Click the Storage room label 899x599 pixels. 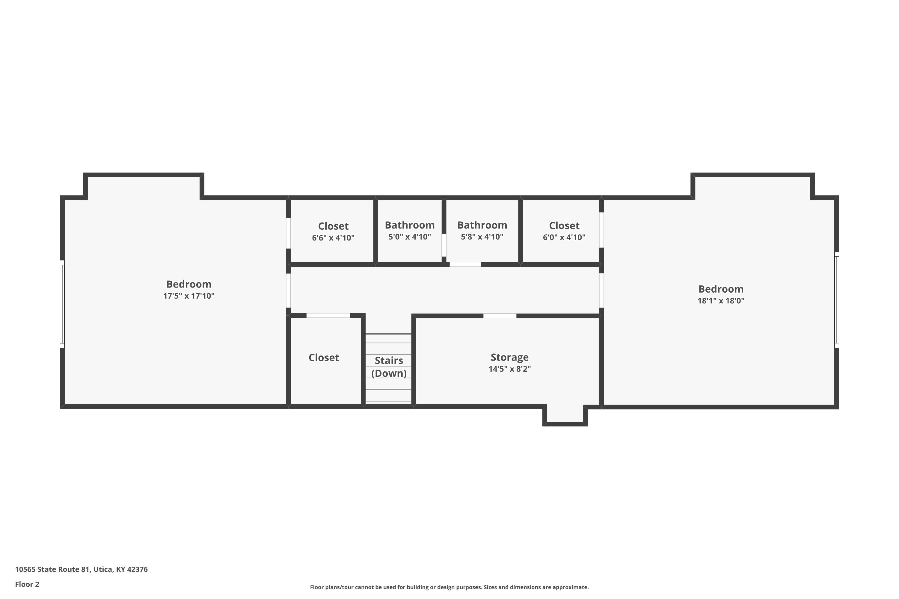[x=509, y=357]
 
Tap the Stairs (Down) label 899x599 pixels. [x=389, y=367]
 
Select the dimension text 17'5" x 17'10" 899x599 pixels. [x=189, y=296]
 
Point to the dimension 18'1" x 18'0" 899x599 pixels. [x=721, y=301]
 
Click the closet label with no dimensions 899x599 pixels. [x=324, y=358]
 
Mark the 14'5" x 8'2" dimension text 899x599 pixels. [x=509, y=369]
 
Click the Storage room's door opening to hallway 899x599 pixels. [x=500, y=316]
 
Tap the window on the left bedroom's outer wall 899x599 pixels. [x=62, y=304]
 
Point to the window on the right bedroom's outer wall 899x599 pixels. [x=836, y=300]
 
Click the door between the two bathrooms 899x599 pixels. [x=444, y=245]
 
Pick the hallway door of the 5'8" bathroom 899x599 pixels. [x=465, y=264]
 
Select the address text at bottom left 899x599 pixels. [x=82, y=569]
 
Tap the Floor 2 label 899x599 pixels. [x=27, y=584]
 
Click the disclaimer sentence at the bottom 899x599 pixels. [x=449, y=587]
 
